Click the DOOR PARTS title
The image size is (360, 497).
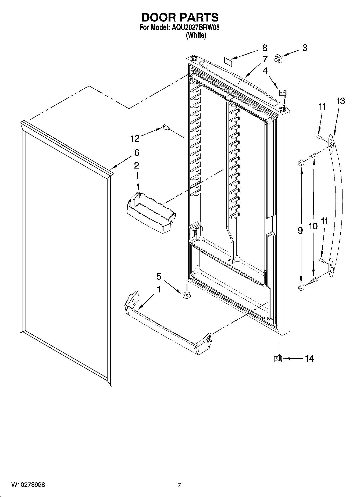tap(180, 17)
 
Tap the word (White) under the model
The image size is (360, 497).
tap(196, 35)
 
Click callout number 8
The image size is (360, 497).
tap(265, 48)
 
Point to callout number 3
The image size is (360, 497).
tap(304, 48)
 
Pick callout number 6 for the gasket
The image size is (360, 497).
tap(137, 153)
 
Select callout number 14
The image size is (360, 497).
tap(309, 358)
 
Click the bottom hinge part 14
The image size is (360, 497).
tap(278, 359)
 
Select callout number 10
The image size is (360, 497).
tap(313, 226)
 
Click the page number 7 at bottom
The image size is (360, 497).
tap(179, 485)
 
